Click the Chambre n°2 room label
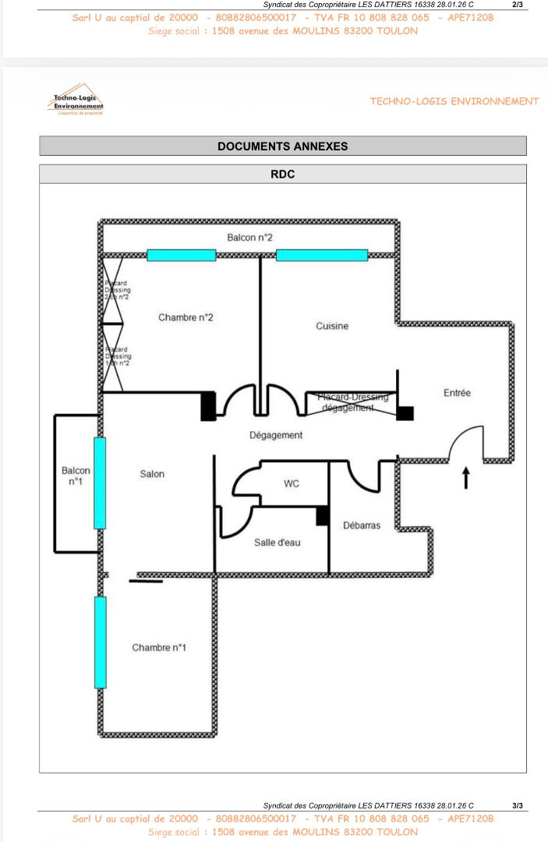point(186,317)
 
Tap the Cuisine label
point(332,326)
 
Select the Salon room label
point(152,474)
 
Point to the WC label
point(292,484)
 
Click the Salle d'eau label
point(278,542)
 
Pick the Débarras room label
point(362,525)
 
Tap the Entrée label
point(457,393)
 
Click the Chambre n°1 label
point(159,648)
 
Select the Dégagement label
point(276,435)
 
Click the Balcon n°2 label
point(249,237)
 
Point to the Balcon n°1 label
point(76,476)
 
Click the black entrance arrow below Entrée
point(466,477)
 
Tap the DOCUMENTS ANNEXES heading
point(282,146)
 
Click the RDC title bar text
point(282,175)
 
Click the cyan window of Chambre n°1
point(100,642)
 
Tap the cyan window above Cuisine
point(321,255)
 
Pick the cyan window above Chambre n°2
point(182,255)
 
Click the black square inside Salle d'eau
point(322,515)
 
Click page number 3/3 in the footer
point(518,805)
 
